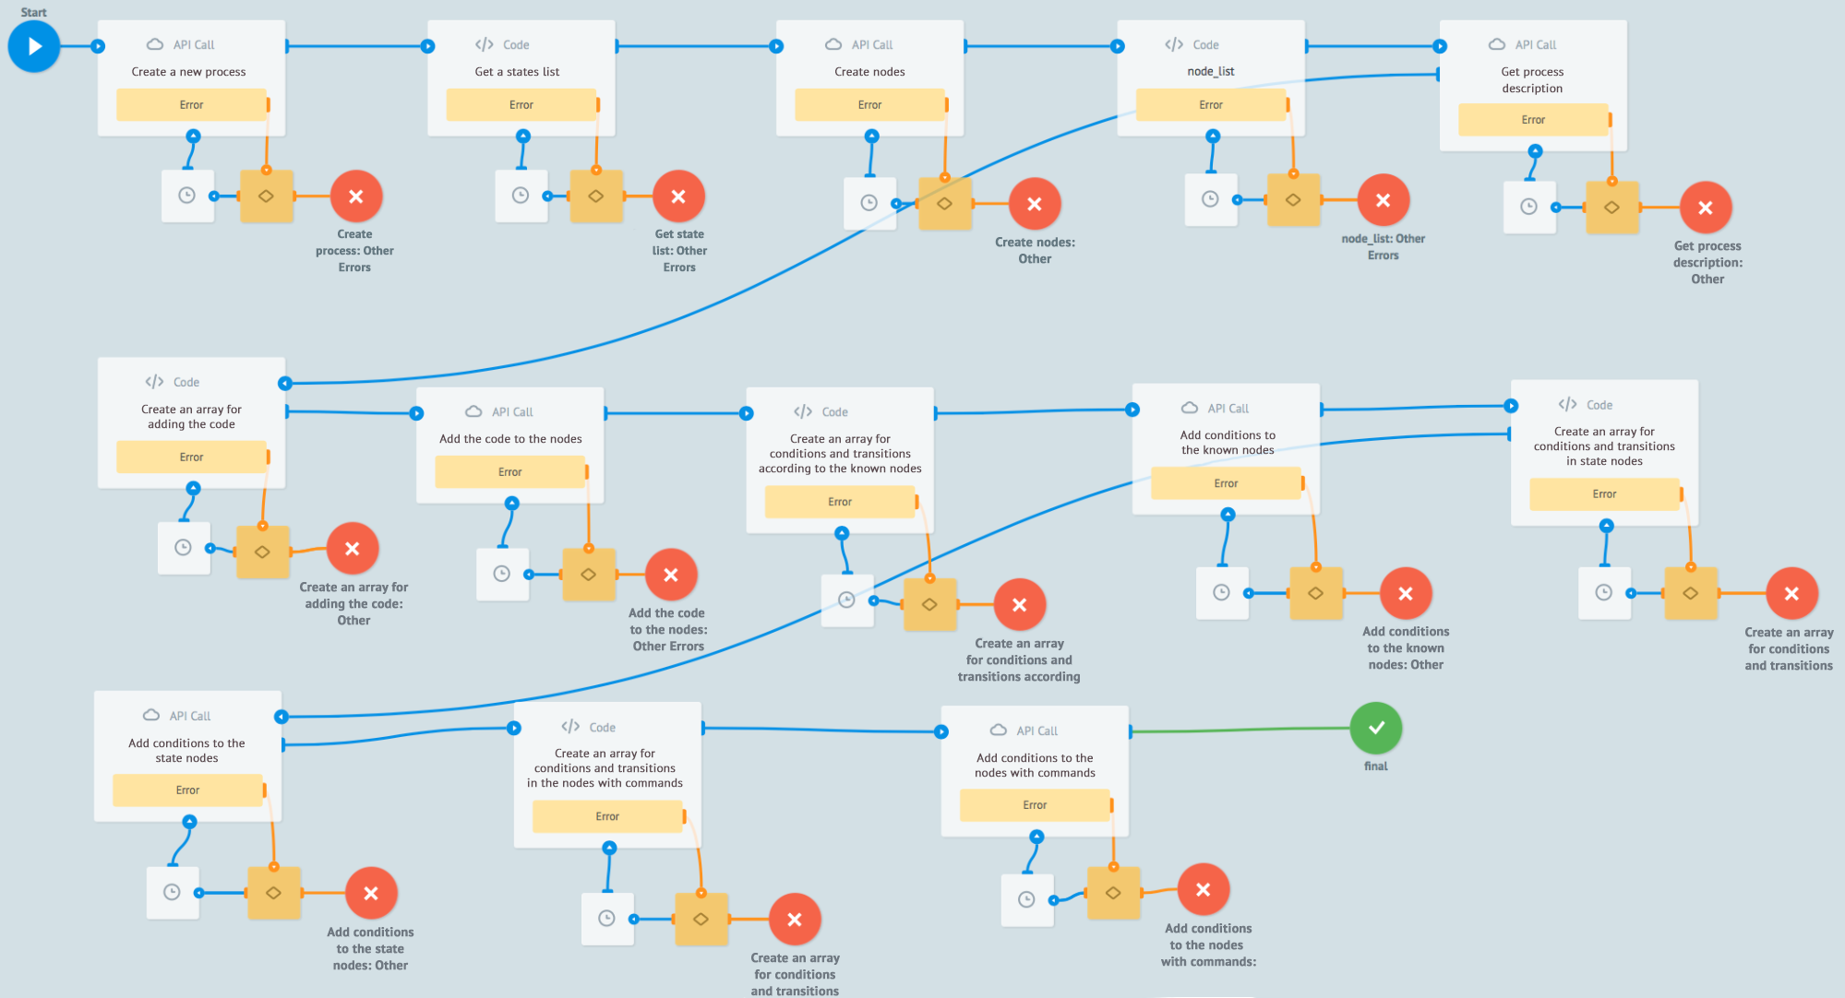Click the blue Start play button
point(34,46)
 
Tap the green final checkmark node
point(1375,728)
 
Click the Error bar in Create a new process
point(191,105)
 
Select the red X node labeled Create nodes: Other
point(1034,204)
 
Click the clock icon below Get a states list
point(521,196)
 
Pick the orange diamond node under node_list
point(1293,199)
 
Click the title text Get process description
point(1532,80)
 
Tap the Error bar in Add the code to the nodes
point(510,472)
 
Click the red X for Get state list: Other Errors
point(678,196)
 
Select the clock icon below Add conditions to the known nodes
point(1221,592)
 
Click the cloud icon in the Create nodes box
point(833,44)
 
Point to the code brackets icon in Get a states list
point(485,44)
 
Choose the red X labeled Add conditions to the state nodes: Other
point(371,893)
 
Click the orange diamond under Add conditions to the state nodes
point(274,893)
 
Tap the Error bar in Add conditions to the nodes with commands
point(1035,805)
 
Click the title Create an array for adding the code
point(191,417)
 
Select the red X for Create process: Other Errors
point(356,196)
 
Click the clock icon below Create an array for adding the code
point(184,548)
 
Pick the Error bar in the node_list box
point(1211,105)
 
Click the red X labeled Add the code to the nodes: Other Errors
point(671,575)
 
